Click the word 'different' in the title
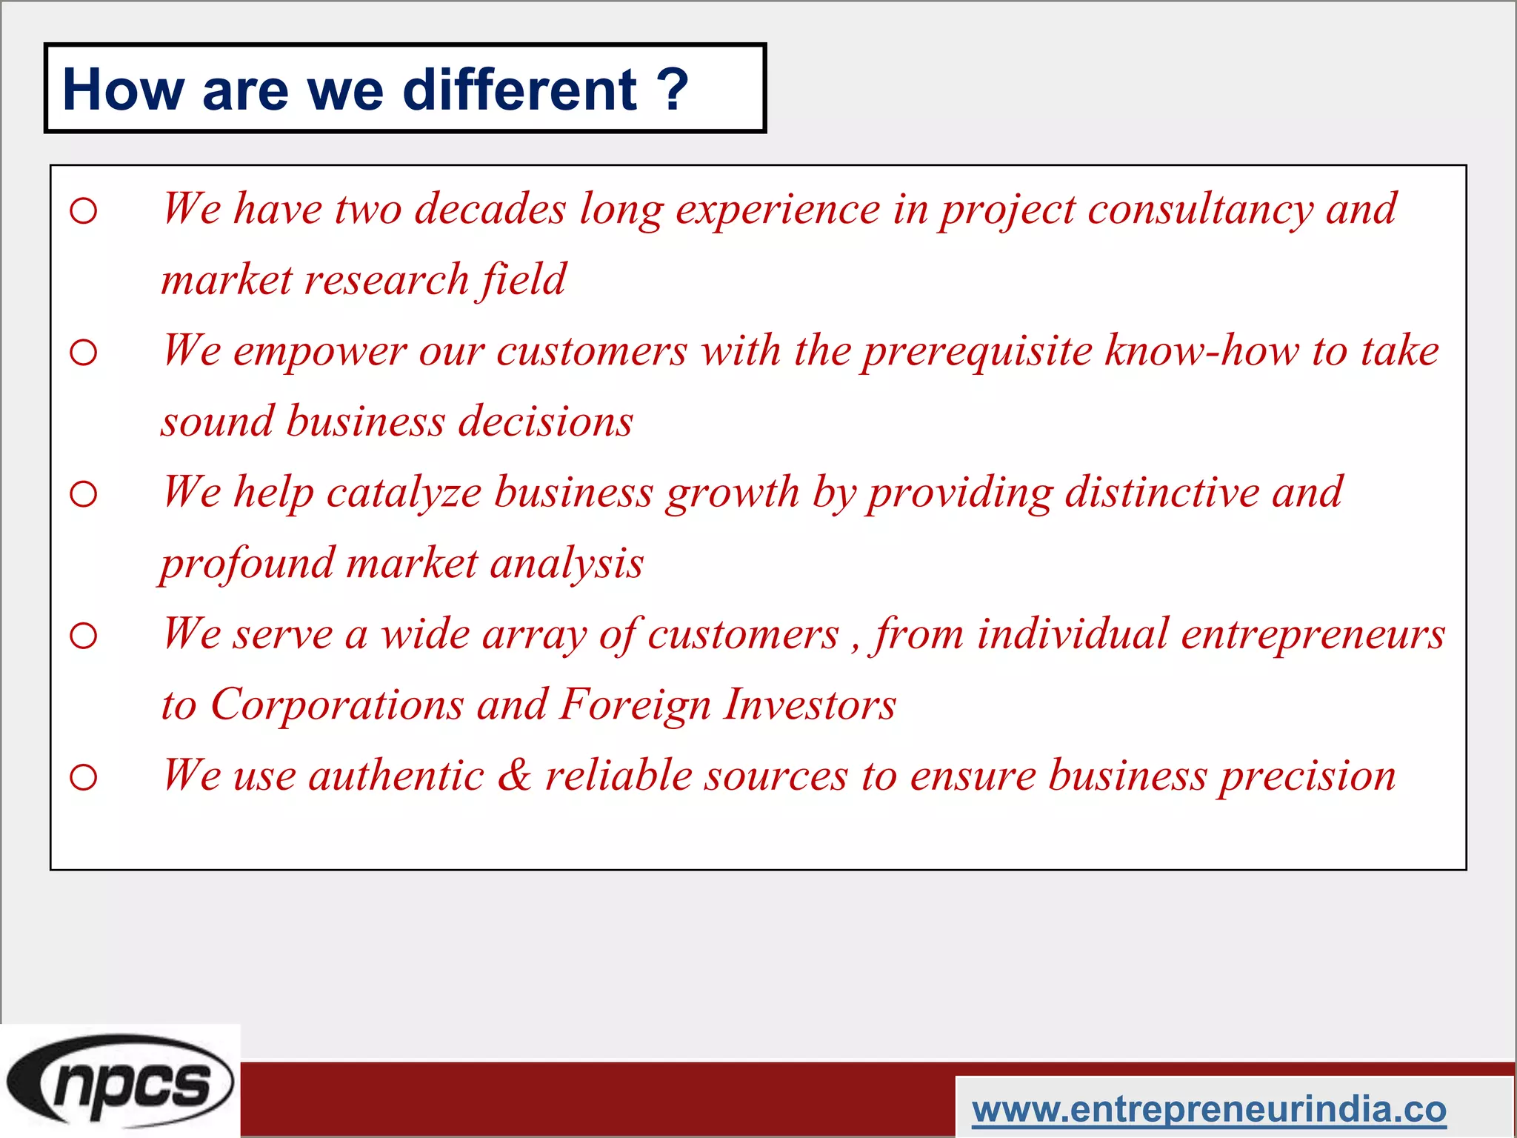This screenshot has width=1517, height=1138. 519,90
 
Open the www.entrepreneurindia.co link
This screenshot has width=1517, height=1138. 1209,1109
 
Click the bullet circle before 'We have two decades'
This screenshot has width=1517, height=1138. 84,211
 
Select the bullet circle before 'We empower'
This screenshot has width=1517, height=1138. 84,353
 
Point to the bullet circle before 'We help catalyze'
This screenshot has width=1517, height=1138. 84,494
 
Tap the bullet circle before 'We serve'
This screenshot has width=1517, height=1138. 84,636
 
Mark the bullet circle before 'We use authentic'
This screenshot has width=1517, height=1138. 84,777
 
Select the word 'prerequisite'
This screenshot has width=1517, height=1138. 977,352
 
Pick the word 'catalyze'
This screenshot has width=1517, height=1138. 404,493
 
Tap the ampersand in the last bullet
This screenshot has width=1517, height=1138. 514,776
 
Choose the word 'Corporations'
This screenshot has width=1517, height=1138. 337,705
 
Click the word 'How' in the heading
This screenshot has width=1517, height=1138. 124,90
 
